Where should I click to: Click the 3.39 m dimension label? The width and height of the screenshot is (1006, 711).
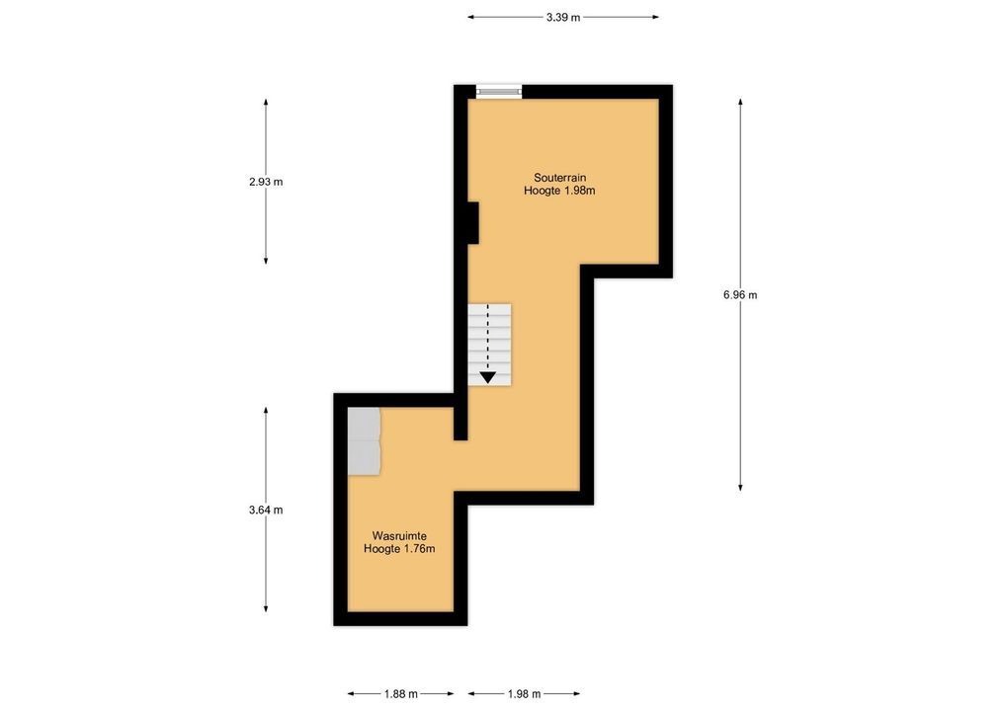point(562,18)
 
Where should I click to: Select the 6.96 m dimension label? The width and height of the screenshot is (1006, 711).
point(740,295)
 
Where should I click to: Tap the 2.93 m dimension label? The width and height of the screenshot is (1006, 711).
point(266,182)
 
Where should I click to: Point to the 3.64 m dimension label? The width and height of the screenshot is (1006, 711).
point(266,510)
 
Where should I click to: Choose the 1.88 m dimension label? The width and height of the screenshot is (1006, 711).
point(401,693)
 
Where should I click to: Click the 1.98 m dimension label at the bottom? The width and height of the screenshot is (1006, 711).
point(524,693)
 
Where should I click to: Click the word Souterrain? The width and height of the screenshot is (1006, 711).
point(560,178)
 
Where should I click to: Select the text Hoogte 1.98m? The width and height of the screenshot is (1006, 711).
point(559,191)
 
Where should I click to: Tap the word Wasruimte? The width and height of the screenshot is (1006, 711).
point(399,535)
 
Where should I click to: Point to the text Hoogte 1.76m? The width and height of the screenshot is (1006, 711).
point(399,549)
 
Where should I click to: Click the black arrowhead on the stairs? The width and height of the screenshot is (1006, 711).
point(487,377)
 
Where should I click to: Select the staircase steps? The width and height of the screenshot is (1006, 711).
point(489,345)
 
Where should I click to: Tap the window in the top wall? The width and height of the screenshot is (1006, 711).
point(498,92)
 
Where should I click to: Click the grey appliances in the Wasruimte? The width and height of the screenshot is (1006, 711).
point(364,441)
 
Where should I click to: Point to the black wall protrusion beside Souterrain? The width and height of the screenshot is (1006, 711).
point(473,222)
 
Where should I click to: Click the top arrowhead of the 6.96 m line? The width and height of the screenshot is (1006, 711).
point(740,102)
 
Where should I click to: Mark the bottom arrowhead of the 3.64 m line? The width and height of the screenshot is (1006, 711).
point(266,608)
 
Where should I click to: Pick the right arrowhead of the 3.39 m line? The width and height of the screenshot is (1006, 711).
point(655,18)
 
